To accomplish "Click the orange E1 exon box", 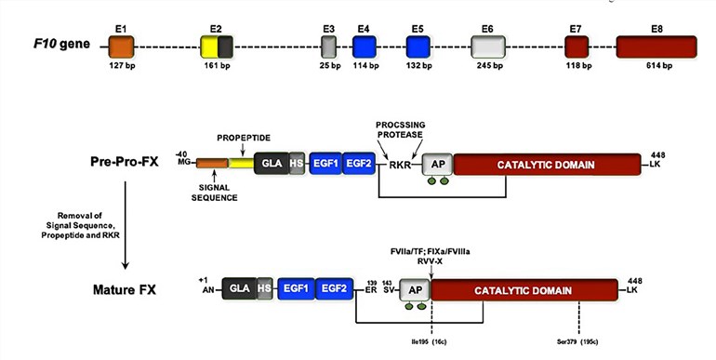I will click(122, 46).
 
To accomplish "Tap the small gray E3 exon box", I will click(328, 46).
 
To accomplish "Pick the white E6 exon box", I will click(488, 46).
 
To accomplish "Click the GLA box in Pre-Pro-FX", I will click(272, 165).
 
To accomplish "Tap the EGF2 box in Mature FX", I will click(332, 289).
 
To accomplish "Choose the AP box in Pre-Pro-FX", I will click(437, 165).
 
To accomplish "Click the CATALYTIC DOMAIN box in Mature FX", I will click(523, 289).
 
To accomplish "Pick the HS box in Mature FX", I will click(265, 289).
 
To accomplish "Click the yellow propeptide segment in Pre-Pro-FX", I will click(241, 165).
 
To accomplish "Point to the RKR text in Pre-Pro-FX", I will click(401, 166).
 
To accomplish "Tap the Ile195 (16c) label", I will click(430, 343).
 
